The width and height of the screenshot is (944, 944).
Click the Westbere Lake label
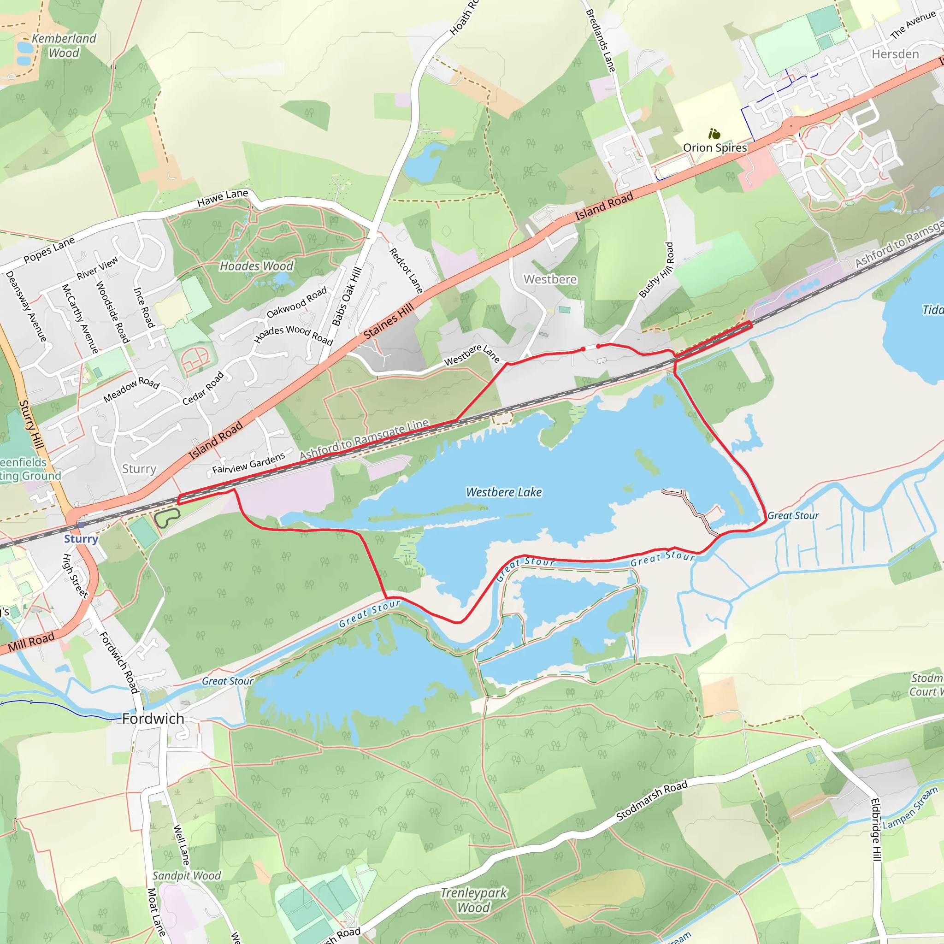tap(504, 492)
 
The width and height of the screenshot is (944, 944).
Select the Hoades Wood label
tap(257, 266)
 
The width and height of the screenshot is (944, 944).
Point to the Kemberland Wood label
tap(64, 46)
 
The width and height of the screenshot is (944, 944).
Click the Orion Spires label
tap(715, 147)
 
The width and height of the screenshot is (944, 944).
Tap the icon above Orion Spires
tap(714, 133)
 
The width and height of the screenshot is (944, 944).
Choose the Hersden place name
tap(895, 54)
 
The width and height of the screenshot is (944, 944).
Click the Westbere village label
tap(550, 279)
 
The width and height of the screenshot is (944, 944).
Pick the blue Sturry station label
tap(81, 538)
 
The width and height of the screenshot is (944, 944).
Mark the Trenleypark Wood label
tap(473, 900)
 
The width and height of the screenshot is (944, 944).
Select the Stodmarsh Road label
tap(651, 800)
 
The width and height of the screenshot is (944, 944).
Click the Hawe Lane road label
tap(223, 197)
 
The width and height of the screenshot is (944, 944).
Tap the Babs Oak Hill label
tap(347, 296)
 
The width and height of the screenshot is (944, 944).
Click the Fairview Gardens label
tap(248, 463)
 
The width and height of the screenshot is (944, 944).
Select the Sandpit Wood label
tap(187, 876)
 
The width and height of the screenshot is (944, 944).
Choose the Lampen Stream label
tap(910, 808)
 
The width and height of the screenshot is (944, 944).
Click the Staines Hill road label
tap(389, 321)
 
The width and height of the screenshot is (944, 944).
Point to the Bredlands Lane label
tap(601, 41)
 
